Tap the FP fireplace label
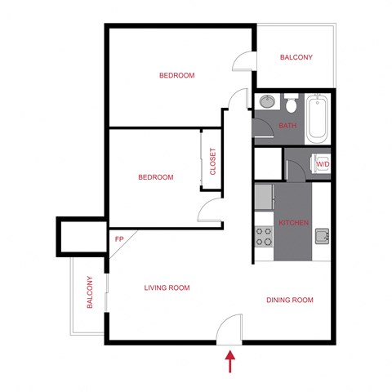pyautogui.click(x=119, y=239)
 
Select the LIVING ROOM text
pyautogui.click(x=167, y=287)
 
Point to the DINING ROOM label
pyautogui.click(x=289, y=301)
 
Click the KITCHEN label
pyautogui.click(x=293, y=223)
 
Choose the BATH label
pyautogui.click(x=287, y=126)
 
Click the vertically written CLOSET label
pyautogui.click(x=213, y=161)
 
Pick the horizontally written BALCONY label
pyautogui.click(x=296, y=57)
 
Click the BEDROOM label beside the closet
pyautogui.click(x=155, y=177)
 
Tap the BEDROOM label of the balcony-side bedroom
pyautogui.click(x=176, y=75)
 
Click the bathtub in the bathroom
pyautogui.click(x=317, y=118)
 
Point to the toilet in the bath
pyautogui.click(x=290, y=104)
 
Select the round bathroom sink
pyautogui.click(x=266, y=103)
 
